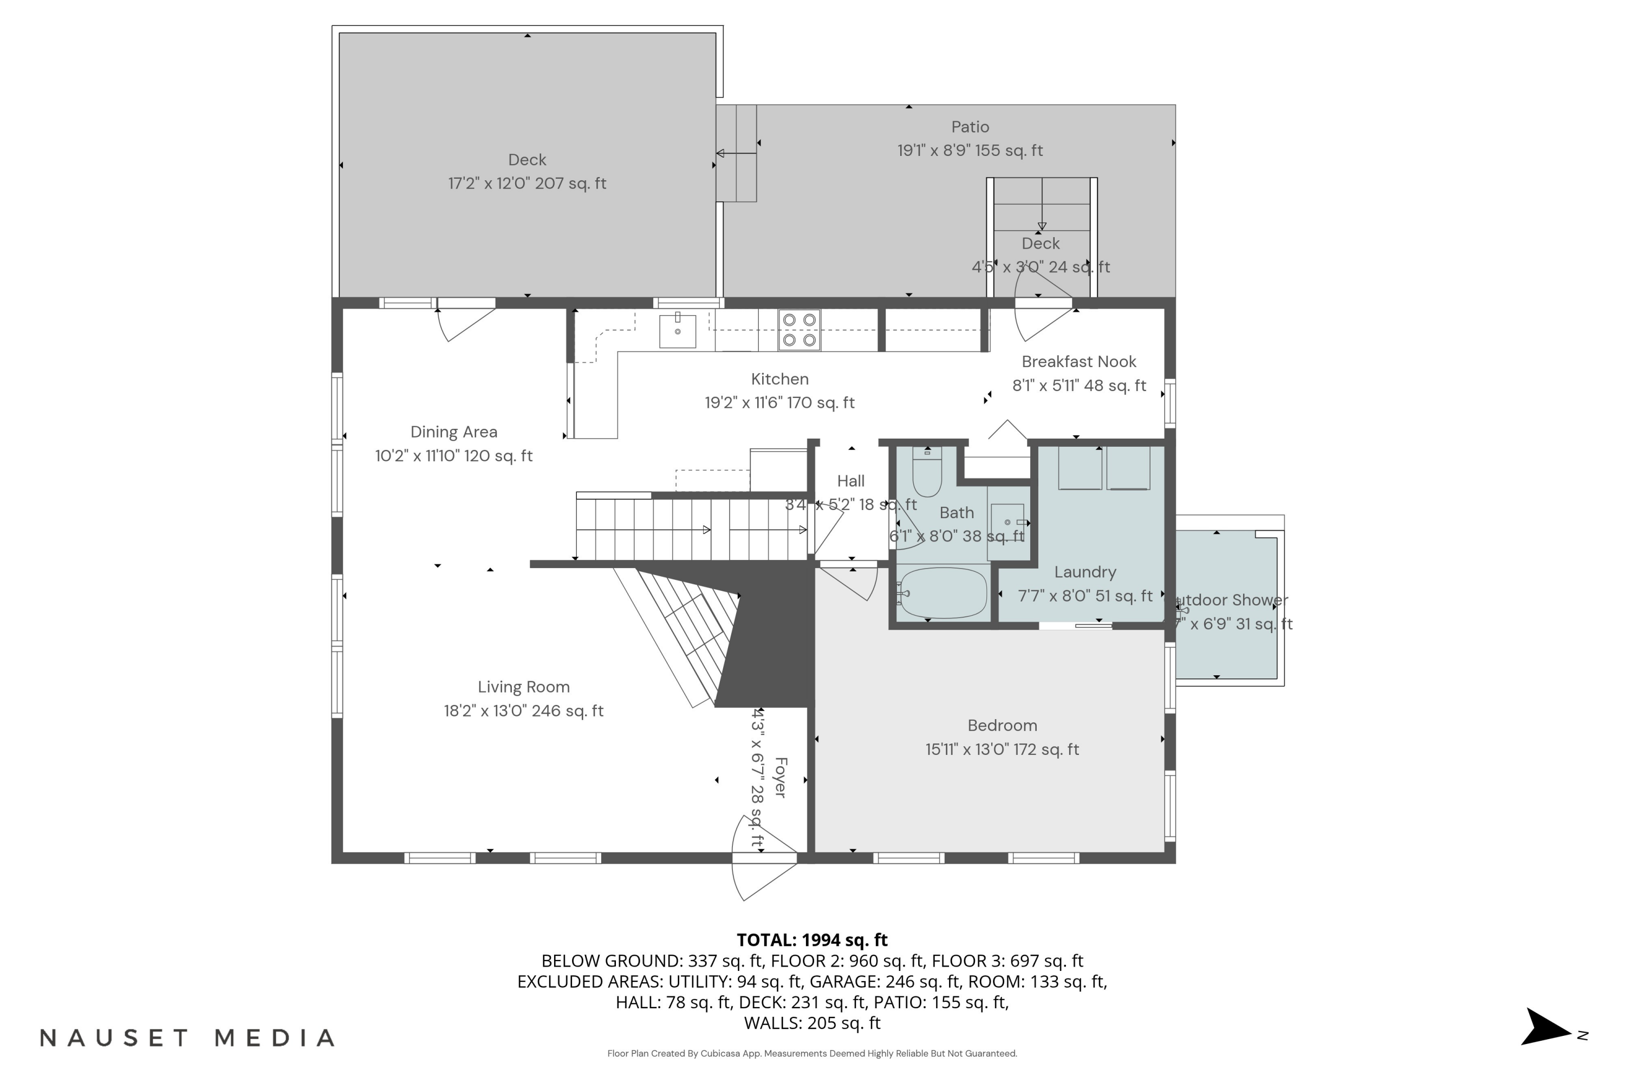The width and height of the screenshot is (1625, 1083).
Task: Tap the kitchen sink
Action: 677,331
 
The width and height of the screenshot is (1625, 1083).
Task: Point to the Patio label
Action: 970,127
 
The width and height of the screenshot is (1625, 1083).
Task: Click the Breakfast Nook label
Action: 1078,362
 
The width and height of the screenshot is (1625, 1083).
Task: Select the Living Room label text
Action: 524,687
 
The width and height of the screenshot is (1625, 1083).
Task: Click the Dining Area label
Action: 454,432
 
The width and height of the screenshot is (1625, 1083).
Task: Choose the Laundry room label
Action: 1085,572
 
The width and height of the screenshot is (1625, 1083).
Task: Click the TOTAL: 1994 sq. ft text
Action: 812,940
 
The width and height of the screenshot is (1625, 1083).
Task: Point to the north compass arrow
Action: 1548,1028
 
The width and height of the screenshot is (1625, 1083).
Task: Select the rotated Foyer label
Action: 780,778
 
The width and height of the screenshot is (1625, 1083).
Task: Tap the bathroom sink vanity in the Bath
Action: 1007,523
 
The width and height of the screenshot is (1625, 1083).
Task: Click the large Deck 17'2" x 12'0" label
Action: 527,171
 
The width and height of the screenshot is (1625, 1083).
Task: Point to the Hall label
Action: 850,481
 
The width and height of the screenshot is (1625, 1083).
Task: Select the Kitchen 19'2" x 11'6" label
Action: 779,391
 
